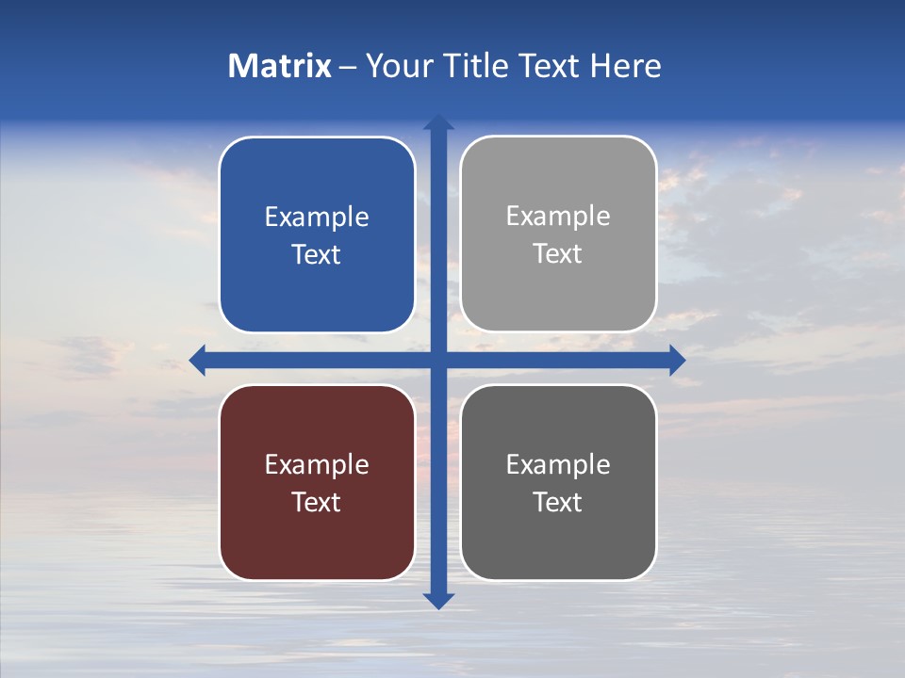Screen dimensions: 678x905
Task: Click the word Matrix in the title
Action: coord(279,66)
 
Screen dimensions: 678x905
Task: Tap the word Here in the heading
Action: coord(625,66)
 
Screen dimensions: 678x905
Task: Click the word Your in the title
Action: coord(396,66)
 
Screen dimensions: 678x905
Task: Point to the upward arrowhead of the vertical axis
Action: coord(438,123)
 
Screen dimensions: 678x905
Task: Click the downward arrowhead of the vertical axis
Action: coord(438,600)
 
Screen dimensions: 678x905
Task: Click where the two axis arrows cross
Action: coord(438,360)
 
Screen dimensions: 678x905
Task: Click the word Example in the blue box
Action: coord(317,218)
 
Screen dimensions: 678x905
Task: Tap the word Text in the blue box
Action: coord(317,255)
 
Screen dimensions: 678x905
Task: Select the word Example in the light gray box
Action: coord(558,217)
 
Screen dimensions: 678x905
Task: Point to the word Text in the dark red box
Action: coord(317,502)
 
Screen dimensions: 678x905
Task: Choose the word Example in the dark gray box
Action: coord(558,464)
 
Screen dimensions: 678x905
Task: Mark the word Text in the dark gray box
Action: coord(558,502)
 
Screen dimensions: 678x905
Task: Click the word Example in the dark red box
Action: coord(317,464)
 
